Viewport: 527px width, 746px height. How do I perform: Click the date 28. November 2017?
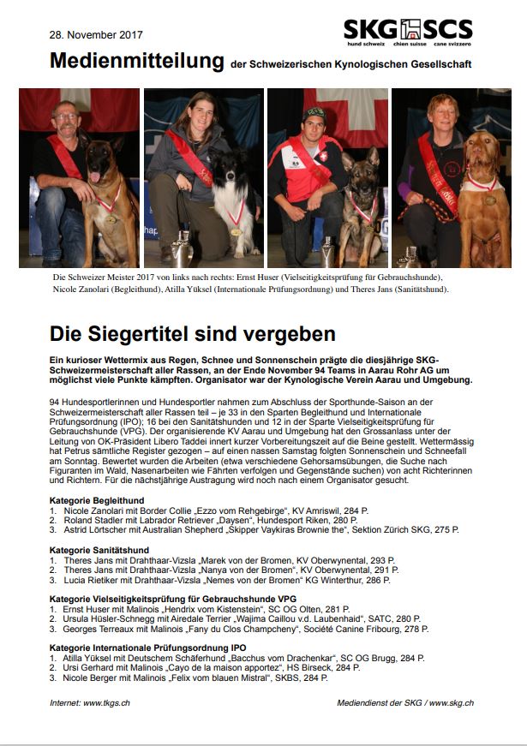tap(96, 35)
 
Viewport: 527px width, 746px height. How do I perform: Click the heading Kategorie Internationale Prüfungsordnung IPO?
tap(147, 648)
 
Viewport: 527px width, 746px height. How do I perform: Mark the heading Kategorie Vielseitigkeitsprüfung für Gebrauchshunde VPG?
tap(173, 598)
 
